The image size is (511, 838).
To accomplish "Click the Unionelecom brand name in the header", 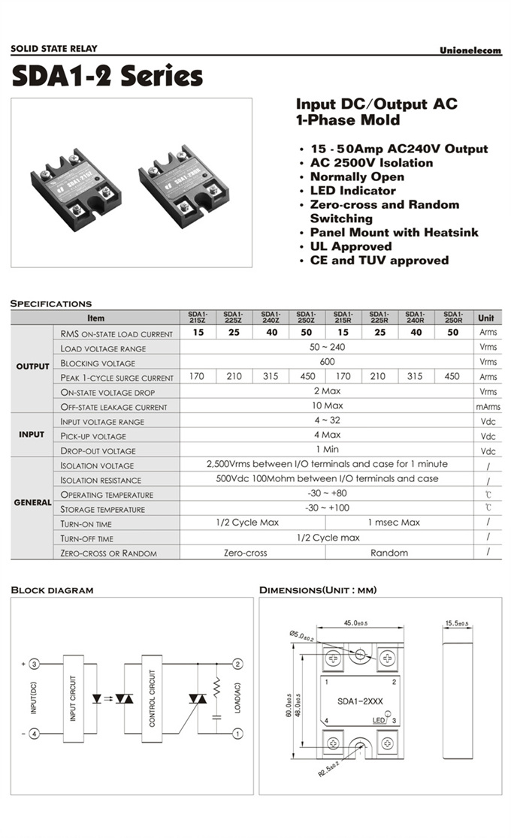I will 470,50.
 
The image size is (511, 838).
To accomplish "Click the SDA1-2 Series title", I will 107,77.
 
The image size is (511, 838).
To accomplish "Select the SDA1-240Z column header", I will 270,317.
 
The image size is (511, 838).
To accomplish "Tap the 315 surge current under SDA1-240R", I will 415,376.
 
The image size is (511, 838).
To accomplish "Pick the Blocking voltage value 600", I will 326,361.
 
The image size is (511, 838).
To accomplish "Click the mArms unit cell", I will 488,406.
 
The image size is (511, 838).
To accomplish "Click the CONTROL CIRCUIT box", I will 152,698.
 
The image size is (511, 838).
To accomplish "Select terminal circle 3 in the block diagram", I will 34,664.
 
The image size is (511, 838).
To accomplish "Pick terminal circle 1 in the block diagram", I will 237,733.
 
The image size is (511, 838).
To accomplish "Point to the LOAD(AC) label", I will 237,698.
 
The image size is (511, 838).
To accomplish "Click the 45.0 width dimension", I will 355,622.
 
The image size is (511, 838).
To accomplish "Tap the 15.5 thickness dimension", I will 456,623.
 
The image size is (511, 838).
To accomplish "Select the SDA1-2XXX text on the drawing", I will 360,701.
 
